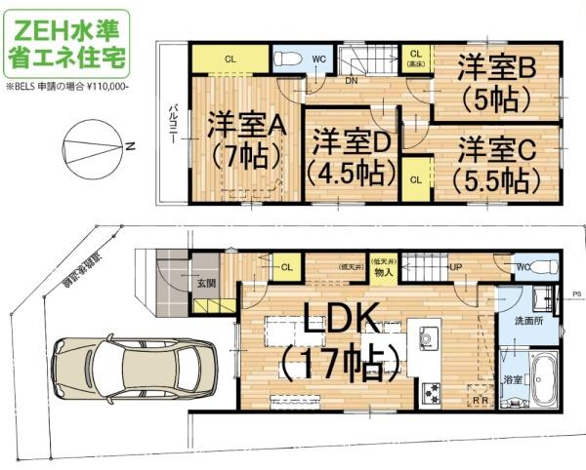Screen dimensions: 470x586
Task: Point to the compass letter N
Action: pyautogui.click(x=129, y=147)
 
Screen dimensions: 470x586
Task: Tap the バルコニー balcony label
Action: pyautogui.click(x=172, y=121)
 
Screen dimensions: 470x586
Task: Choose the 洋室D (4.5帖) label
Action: pyautogui.click(x=351, y=157)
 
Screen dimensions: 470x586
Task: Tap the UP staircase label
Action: pyautogui.click(x=455, y=266)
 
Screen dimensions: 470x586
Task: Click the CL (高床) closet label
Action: pyautogui.click(x=414, y=58)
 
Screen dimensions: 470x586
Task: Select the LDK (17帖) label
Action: pyautogui.click(x=339, y=342)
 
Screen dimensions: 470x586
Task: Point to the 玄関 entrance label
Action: pyautogui.click(x=205, y=284)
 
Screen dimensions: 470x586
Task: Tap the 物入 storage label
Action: pyautogui.click(x=382, y=272)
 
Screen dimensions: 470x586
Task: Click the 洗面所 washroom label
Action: pyautogui.click(x=527, y=320)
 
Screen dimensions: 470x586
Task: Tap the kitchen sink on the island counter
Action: pyautogui.click(x=431, y=338)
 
